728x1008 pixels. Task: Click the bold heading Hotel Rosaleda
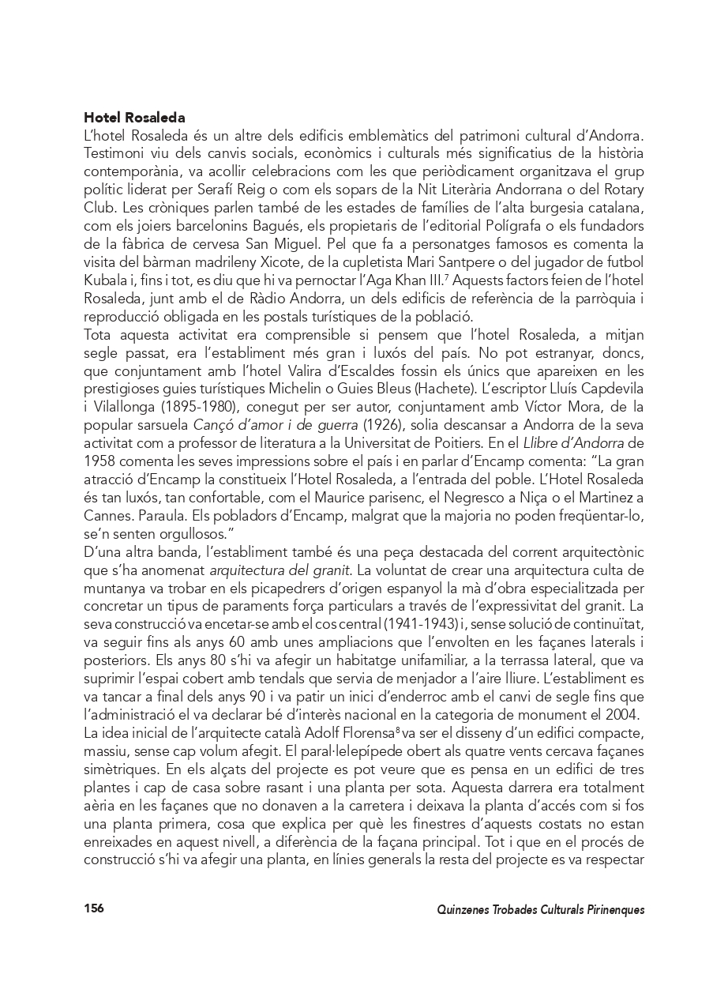pos(134,118)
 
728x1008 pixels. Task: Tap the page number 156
pos(94,908)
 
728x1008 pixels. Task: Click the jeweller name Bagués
pos(273,226)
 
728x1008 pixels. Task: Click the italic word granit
pos(335,570)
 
